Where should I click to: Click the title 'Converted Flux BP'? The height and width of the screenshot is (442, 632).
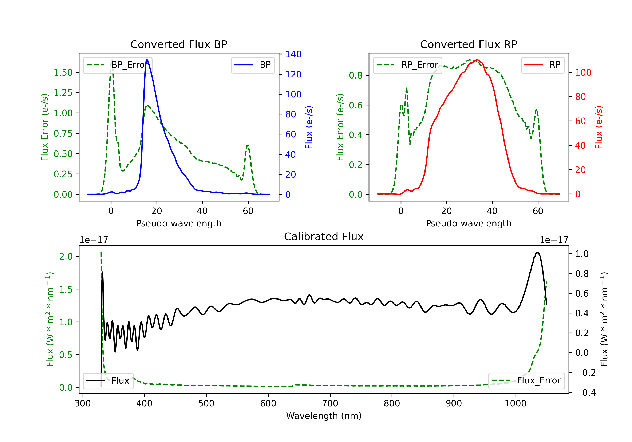[179, 44]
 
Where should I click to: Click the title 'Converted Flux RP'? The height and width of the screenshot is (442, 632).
[469, 44]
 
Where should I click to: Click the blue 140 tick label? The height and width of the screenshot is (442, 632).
[293, 54]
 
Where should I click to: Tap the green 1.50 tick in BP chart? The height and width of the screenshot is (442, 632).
[63, 72]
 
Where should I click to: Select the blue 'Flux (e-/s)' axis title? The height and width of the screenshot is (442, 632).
[309, 127]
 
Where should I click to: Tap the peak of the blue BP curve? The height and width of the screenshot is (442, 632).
[147, 60]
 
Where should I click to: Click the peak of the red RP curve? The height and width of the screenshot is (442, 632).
[477, 60]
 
